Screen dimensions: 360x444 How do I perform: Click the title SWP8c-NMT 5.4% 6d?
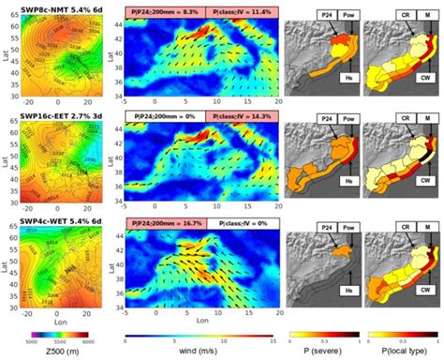click(x=59, y=7)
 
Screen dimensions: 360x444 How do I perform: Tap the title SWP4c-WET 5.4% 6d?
click(x=60, y=226)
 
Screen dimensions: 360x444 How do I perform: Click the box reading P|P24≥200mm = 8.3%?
click(x=166, y=11)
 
